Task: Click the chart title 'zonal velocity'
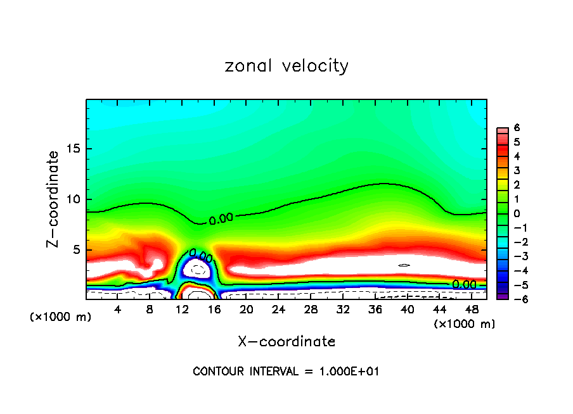tap(286, 66)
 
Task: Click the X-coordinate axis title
tap(286, 341)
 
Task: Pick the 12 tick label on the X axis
tap(182, 310)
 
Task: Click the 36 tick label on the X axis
tap(375, 310)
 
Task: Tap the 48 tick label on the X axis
tap(471, 310)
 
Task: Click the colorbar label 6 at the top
tap(517, 128)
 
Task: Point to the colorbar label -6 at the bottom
tap(515, 299)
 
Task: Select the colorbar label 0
tap(517, 213)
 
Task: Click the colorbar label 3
tap(517, 170)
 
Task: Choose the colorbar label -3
tap(515, 256)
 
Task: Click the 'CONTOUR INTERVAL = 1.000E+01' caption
tap(286, 372)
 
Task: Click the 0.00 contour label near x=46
tap(464, 284)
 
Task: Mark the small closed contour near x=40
tap(404, 265)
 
